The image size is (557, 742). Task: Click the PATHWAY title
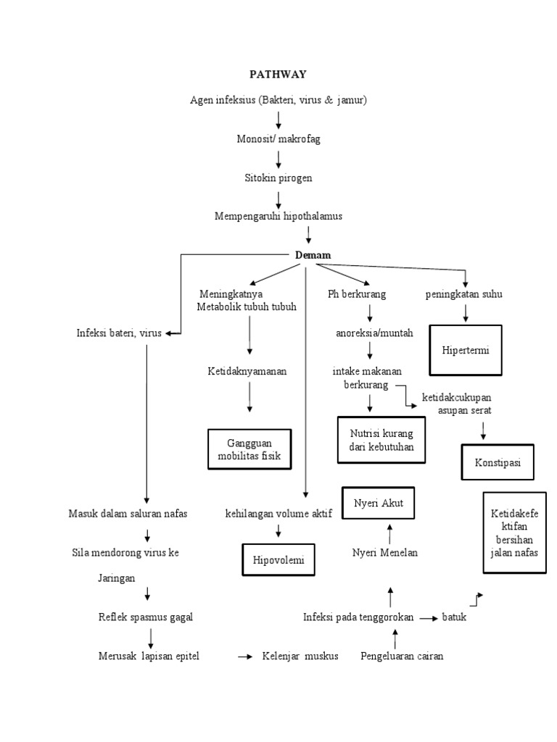pyautogui.click(x=278, y=74)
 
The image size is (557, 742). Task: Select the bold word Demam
pyautogui.click(x=313, y=255)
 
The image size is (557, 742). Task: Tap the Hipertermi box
pyautogui.click(x=466, y=350)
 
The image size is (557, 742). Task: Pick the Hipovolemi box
pyautogui.click(x=278, y=559)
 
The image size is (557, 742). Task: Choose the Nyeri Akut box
pyautogui.click(x=379, y=503)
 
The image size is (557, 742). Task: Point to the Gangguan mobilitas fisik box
pyautogui.click(x=249, y=449)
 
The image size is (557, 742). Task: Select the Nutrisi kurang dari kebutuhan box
pyautogui.click(x=381, y=440)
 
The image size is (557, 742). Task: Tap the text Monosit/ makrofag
pyautogui.click(x=278, y=139)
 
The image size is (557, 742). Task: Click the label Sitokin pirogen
pyautogui.click(x=278, y=178)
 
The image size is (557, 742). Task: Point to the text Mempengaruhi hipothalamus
pyautogui.click(x=278, y=216)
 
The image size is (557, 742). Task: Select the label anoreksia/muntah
pyautogui.click(x=374, y=333)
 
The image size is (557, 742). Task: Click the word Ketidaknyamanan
pyautogui.click(x=247, y=371)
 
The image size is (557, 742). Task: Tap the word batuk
pyautogui.click(x=455, y=617)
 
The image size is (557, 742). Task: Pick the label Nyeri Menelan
pyautogui.click(x=385, y=553)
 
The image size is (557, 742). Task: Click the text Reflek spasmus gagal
pyautogui.click(x=145, y=617)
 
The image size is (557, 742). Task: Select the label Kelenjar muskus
pyautogui.click(x=300, y=656)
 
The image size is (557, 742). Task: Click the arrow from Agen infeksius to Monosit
pyautogui.click(x=278, y=120)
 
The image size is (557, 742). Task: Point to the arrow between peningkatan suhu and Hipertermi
pyautogui.click(x=466, y=312)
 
